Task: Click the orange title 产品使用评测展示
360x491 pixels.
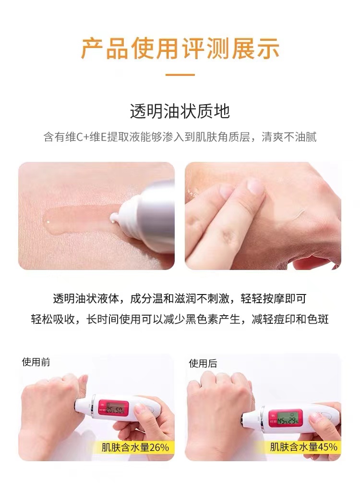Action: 180,49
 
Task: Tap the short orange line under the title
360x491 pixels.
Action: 180,75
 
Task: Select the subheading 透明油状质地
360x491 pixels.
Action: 180,111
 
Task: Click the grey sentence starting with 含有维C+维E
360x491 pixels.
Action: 180,137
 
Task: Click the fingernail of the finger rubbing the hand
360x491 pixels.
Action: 255,186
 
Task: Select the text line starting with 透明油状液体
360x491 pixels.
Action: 180,298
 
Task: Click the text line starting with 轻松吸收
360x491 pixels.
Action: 180,319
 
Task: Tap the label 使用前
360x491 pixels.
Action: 36,362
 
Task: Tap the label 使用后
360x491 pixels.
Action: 203,363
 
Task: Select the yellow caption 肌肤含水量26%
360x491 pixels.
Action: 135,447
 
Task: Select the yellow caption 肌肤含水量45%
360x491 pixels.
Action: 304,446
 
